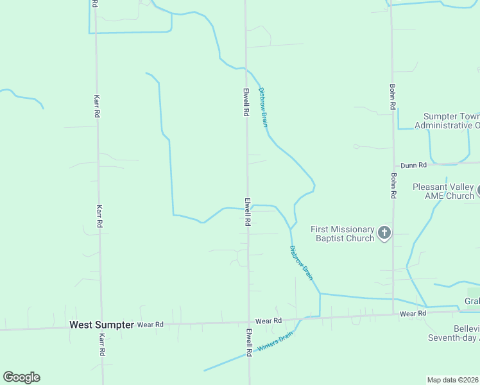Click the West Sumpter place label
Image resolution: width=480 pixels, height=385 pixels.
tap(101, 325)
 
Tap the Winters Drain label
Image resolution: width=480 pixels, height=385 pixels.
tap(275, 341)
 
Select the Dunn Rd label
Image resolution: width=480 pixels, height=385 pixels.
tap(414, 166)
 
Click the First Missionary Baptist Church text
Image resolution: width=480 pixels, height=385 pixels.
tap(342, 234)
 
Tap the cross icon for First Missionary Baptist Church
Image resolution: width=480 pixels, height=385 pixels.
tap(384, 233)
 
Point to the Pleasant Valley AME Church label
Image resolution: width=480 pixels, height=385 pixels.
tap(443, 191)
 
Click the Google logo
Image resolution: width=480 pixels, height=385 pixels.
tap(21, 377)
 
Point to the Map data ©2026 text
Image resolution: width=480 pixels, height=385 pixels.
tap(453, 380)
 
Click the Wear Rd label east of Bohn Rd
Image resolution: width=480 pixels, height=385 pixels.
tap(413, 314)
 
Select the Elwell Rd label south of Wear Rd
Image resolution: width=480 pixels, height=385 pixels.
tap(249, 343)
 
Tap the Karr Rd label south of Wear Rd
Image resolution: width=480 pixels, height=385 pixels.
tap(101, 345)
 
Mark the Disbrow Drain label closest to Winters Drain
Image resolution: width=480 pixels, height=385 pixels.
tap(302, 262)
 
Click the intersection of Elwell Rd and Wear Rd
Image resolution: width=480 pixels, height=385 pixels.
tap(248, 322)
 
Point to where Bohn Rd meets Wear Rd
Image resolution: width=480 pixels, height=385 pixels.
tap(393, 314)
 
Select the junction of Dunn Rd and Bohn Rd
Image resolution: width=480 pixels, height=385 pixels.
tap(393, 164)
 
